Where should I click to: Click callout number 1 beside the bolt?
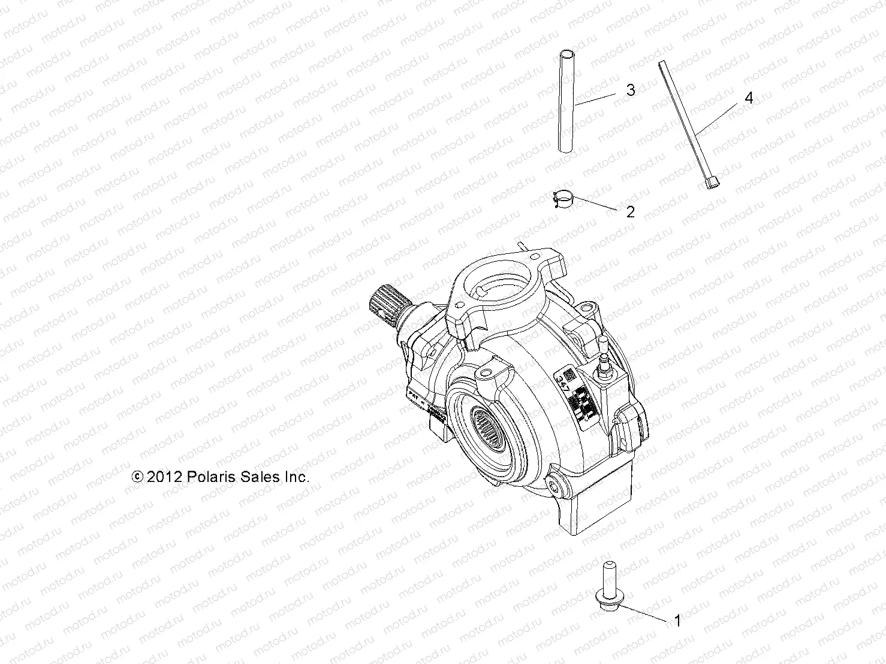point(678,621)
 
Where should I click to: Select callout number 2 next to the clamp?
point(630,212)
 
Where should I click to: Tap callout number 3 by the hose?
point(630,90)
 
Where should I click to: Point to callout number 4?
point(748,98)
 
